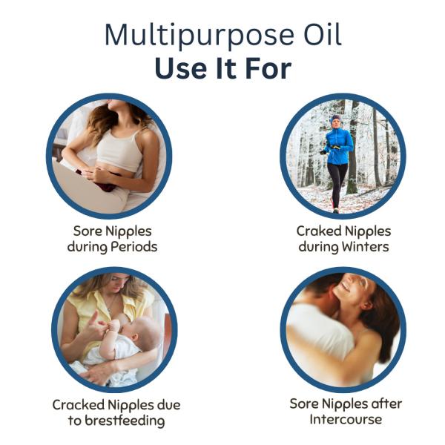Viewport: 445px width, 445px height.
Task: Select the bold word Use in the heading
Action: (180, 68)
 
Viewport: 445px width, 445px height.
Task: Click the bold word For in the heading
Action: (268, 68)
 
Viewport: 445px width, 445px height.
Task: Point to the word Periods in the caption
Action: (134, 247)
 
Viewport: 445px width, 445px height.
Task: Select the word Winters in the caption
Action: (365, 247)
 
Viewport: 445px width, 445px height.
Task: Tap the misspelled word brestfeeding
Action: (125, 421)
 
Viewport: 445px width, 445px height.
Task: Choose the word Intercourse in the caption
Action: (346, 419)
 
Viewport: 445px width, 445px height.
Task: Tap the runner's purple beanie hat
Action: (336, 119)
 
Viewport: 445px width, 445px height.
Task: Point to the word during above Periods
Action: (88, 247)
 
